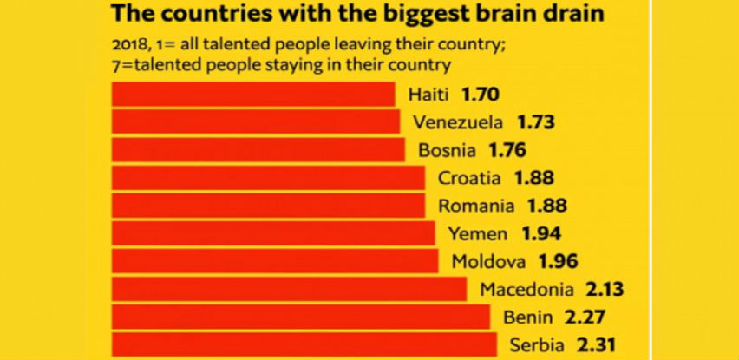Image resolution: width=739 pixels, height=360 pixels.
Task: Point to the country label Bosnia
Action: (x=447, y=150)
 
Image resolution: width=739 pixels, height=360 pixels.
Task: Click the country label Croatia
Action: (x=469, y=178)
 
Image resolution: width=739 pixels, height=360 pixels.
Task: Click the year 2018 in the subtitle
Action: (x=128, y=45)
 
